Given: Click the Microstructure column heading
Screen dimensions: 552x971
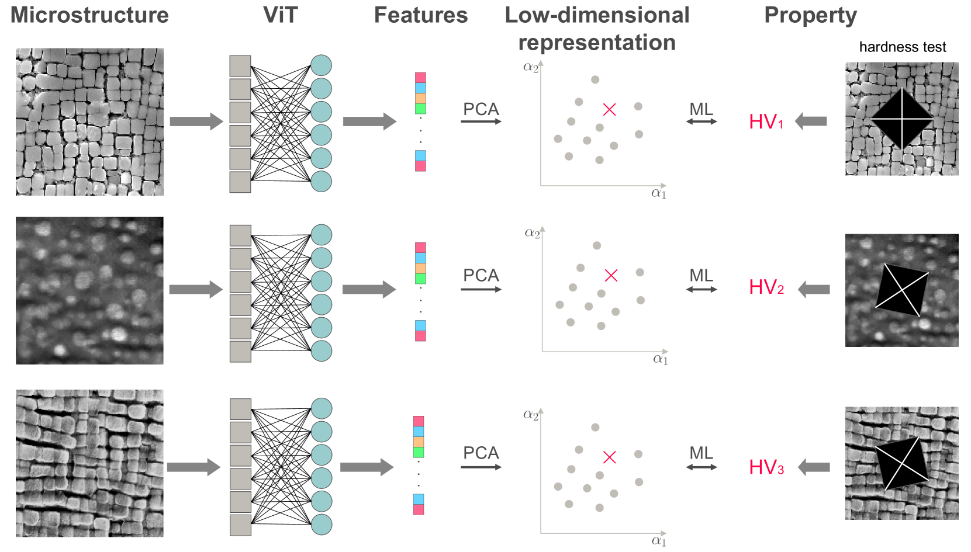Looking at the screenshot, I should click(89, 15).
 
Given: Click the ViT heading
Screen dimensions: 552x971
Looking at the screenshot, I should click(280, 15).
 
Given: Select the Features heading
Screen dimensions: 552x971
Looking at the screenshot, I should click(420, 15).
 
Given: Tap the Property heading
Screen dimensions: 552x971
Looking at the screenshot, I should click(810, 15).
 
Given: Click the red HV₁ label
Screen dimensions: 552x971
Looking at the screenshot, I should click(765, 121).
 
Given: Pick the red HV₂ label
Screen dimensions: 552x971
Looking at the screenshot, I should click(766, 287).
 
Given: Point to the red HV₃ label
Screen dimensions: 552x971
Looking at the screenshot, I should click(766, 467).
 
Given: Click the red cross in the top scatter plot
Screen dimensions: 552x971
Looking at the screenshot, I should click(609, 109).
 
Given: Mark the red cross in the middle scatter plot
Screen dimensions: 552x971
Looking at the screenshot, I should click(611, 275).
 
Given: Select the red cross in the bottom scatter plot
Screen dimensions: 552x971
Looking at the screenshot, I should click(609, 457).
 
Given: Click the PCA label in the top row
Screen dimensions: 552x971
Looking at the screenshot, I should click(481, 109).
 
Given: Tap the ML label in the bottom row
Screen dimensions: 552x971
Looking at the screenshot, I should click(701, 453).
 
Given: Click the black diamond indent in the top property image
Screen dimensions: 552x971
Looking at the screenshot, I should click(901, 119).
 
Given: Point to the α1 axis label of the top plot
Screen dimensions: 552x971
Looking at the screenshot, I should click(659, 193).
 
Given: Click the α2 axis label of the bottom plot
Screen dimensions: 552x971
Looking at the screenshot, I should click(531, 415).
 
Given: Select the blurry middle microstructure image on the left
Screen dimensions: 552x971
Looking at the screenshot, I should click(89, 290).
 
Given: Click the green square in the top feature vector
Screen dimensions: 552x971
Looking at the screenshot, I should click(420, 109).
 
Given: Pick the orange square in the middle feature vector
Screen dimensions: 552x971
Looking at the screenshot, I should click(420, 268).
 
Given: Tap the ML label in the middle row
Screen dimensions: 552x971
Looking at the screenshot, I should click(701, 275).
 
